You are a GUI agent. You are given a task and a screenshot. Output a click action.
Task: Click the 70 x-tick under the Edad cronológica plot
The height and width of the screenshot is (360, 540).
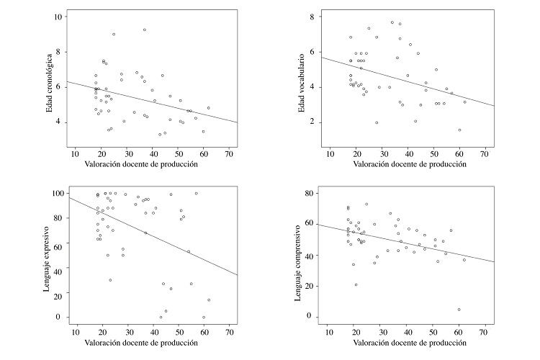[229, 153]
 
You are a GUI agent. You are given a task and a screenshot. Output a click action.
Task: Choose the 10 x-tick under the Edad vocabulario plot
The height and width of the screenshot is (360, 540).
[330, 153]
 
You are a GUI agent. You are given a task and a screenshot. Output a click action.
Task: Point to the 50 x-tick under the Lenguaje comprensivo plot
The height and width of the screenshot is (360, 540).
[434, 332]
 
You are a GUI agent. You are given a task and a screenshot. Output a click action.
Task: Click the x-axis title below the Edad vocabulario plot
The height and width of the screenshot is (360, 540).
[407, 165]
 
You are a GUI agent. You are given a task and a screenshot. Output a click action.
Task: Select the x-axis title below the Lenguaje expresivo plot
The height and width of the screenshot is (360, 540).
[153, 343]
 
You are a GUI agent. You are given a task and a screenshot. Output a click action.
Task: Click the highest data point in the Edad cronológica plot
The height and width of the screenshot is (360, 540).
[145, 30]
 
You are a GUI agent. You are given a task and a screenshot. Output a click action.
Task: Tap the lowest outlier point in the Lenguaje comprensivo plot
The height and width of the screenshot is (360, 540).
[458, 310]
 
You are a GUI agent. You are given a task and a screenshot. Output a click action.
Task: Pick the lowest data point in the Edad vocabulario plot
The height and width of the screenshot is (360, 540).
[459, 130]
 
